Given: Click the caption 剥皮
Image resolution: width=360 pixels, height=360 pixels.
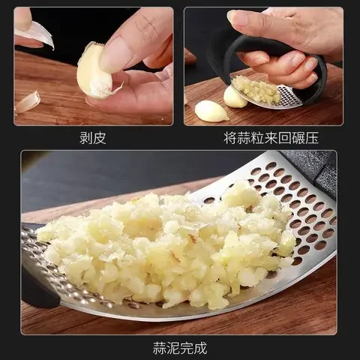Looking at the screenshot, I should pos(92,138).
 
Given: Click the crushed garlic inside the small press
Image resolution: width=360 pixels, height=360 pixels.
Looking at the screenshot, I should pos(256,90).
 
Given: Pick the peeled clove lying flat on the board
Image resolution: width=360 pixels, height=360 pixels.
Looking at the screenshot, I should pos(211,112).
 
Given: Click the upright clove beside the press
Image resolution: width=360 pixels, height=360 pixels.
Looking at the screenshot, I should pos(234,97).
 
